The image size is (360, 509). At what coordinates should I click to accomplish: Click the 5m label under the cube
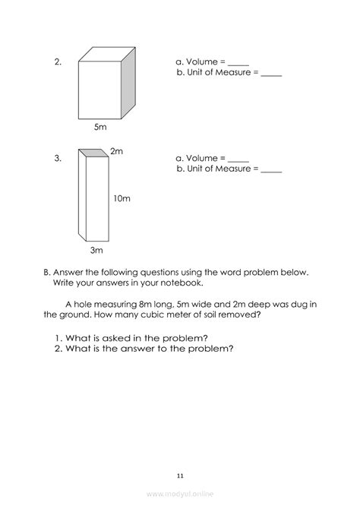click(100, 127)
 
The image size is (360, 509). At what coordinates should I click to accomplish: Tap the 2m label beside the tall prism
click(116, 151)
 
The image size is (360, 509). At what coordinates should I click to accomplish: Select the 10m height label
click(122, 198)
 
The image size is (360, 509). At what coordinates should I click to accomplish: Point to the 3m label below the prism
click(96, 250)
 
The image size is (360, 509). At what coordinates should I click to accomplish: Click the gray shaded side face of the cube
click(128, 83)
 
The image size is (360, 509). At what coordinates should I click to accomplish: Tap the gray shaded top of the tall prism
click(93, 153)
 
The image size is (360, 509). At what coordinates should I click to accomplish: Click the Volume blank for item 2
click(238, 65)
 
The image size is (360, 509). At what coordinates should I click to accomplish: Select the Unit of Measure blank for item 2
click(271, 75)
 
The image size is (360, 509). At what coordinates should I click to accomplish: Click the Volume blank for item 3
click(238, 161)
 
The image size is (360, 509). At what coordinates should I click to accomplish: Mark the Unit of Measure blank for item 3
click(271, 172)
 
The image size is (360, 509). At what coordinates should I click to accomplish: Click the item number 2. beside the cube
click(58, 62)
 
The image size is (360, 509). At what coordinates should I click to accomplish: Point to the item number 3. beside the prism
click(58, 159)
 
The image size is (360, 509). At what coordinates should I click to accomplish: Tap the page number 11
click(181, 476)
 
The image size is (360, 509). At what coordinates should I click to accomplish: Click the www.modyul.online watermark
click(180, 494)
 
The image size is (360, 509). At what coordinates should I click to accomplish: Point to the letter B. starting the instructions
click(47, 273)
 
